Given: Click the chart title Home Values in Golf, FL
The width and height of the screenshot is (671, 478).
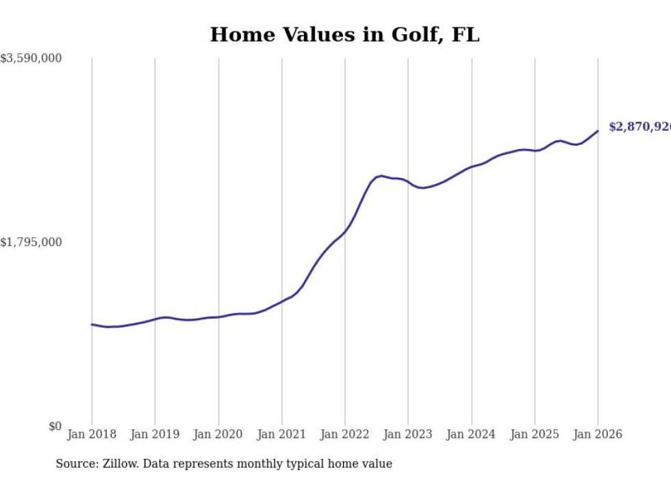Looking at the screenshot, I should pos(344,34).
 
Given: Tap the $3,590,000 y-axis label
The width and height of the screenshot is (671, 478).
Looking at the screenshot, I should pos(31,59).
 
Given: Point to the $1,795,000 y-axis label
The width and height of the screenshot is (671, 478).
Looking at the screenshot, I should pos(31,243).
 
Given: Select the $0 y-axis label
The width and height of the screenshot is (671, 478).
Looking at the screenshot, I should pos(55,427).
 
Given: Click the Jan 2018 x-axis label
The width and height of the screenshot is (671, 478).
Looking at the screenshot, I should pos(92,434).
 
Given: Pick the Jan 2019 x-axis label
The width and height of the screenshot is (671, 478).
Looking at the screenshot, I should pos(155,434).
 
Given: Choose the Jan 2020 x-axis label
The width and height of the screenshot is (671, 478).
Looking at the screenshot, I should pos(218,434).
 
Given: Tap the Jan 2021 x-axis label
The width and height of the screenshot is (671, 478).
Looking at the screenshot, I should pos(281,434).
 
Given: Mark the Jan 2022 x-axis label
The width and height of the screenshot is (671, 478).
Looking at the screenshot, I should pos(345,434).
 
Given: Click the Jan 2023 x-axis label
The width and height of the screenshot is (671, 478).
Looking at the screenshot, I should pos(408,434).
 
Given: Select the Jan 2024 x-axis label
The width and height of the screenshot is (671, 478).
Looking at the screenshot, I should pos(471,434).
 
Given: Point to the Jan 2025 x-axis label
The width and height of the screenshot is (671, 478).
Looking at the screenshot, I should pos(535,434).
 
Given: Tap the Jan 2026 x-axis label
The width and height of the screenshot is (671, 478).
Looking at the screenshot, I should pos(598,434).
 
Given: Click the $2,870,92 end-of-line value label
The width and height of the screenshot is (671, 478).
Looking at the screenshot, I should pos(640,127).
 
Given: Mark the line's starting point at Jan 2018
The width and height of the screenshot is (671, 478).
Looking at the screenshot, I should pos(92,324).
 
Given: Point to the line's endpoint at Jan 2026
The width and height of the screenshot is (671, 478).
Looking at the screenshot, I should pos(598,131).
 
